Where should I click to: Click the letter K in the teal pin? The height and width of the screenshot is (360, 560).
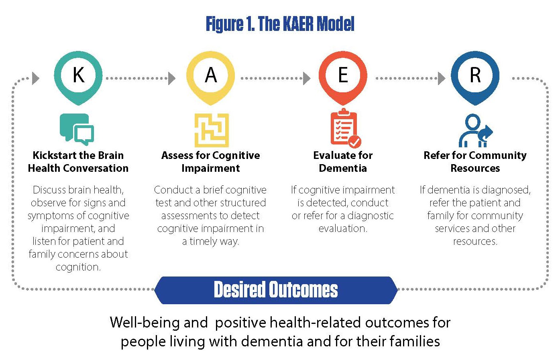coord(78,75)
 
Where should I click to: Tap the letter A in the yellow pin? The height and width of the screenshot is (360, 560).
coord(211,75)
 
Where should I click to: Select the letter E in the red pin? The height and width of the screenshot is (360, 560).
coord(343,75)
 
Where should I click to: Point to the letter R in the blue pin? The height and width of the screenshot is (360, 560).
coord(475,75)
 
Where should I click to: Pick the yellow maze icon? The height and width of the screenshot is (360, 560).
coord(212,130)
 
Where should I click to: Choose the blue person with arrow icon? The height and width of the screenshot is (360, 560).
coord(475,131)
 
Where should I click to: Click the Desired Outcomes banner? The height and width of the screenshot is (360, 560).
coord(276,290)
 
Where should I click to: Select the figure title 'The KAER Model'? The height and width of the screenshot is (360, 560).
coord(280,24)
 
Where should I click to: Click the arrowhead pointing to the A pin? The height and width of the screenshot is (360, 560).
coord(172,78)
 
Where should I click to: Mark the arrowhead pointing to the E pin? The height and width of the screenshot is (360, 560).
coord(307,78)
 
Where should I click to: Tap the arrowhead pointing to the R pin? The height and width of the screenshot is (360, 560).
coord(442,78)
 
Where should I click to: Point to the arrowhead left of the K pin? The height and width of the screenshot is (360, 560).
coord(36,78)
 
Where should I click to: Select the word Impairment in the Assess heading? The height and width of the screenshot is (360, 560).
coord(211,168)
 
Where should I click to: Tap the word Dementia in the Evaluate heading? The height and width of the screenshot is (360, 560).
coord(343,168)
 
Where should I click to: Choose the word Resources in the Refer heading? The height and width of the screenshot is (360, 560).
coord(475,168)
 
